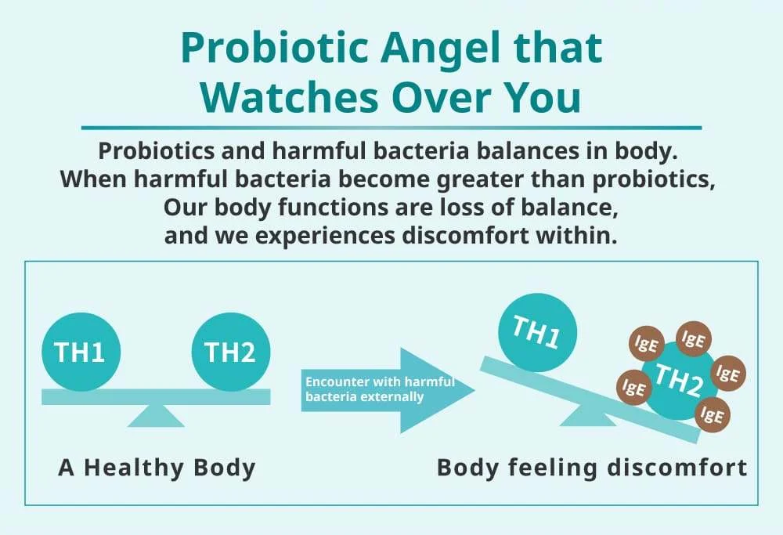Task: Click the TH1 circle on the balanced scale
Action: pos(81,352)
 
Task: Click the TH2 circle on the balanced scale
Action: pos(231,352)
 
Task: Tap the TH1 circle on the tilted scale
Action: pos(537,332)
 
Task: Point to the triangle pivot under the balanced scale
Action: pos(156,416)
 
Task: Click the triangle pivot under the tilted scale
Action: pos(588,416)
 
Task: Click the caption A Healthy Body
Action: pos(157,468)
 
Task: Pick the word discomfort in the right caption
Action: pos(677,468)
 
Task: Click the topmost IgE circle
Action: pos(693,339)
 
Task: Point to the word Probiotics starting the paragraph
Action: pos(156,151)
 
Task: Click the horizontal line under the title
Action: pos(391,128)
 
